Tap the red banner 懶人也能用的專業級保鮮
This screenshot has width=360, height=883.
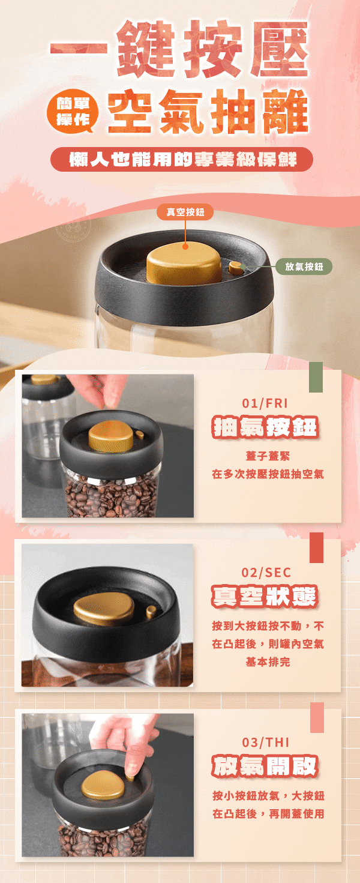(x=182, y=160)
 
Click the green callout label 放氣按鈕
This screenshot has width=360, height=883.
(x=304, y=267)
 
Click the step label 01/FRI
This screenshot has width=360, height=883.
(x=265, y=402)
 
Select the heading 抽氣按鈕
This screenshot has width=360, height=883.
(x=265, y=427)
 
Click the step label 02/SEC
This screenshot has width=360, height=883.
(x=265, y=571)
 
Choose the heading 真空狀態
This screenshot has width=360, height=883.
(x=265, y=597)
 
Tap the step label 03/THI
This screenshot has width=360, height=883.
(x=265, y=741)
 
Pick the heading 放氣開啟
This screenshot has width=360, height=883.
(x=265, y=767)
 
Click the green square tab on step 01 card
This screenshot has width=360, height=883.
(x=316, y=377)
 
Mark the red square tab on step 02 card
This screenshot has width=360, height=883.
(x=316, y=547)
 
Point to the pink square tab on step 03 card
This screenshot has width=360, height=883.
(x=316, y=717)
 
